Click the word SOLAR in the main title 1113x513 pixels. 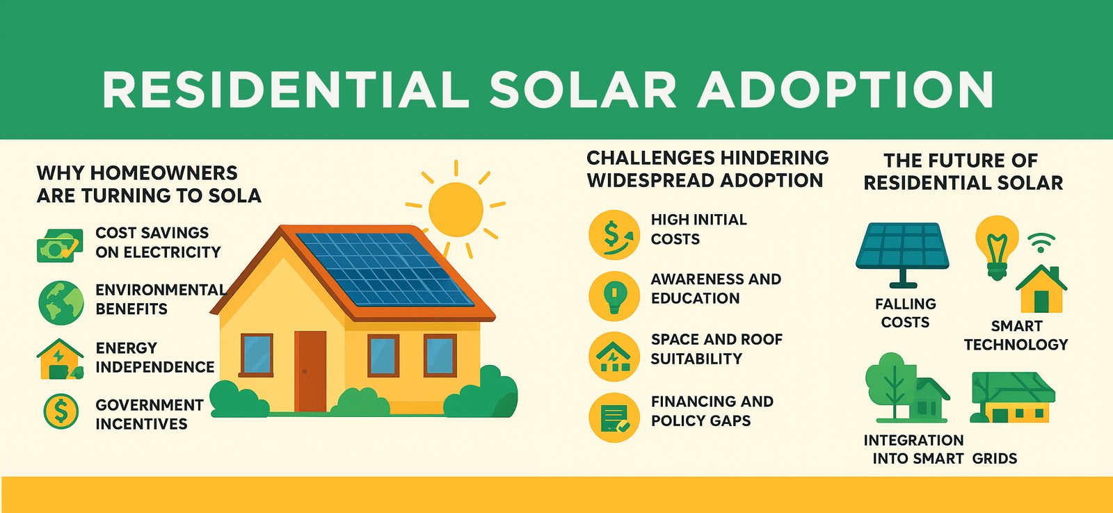(x=582, y=90)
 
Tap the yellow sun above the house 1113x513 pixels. (x=456, y=209)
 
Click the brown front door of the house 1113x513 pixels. (x=310, y=371)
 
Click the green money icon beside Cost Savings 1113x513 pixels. (x=60, y=245)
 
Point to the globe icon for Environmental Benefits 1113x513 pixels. (x=61, y=302)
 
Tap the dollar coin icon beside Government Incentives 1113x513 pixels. (x=61, y=412)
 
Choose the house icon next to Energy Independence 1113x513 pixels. (x=60, y=359)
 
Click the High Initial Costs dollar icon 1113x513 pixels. (x=614, y=235)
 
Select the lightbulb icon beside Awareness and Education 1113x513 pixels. (x=614, y=296)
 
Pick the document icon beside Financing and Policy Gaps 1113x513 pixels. (x=614, y=418)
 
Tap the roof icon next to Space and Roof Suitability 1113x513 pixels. (x=614, y=357)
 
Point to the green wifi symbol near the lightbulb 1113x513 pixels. (x=1041, y=243)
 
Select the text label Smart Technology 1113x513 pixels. (x=1016, y=335)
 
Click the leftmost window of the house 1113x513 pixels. (x=257, y=355)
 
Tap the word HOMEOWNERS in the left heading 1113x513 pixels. (x=163, y=173)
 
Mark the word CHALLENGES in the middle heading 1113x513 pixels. (x=650, y=158)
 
